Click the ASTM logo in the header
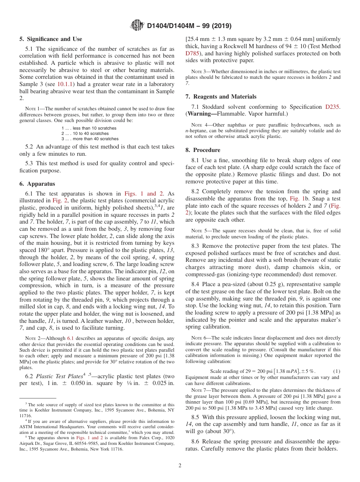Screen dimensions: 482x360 137,25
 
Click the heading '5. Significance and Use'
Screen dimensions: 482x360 51,39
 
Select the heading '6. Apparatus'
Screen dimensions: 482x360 37,184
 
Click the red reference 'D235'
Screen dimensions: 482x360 332,107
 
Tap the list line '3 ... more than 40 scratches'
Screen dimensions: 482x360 90,139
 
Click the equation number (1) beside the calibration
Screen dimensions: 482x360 336,371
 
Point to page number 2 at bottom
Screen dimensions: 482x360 180,465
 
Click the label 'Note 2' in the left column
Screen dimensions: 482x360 33,338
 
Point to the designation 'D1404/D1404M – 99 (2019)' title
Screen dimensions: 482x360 189,26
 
